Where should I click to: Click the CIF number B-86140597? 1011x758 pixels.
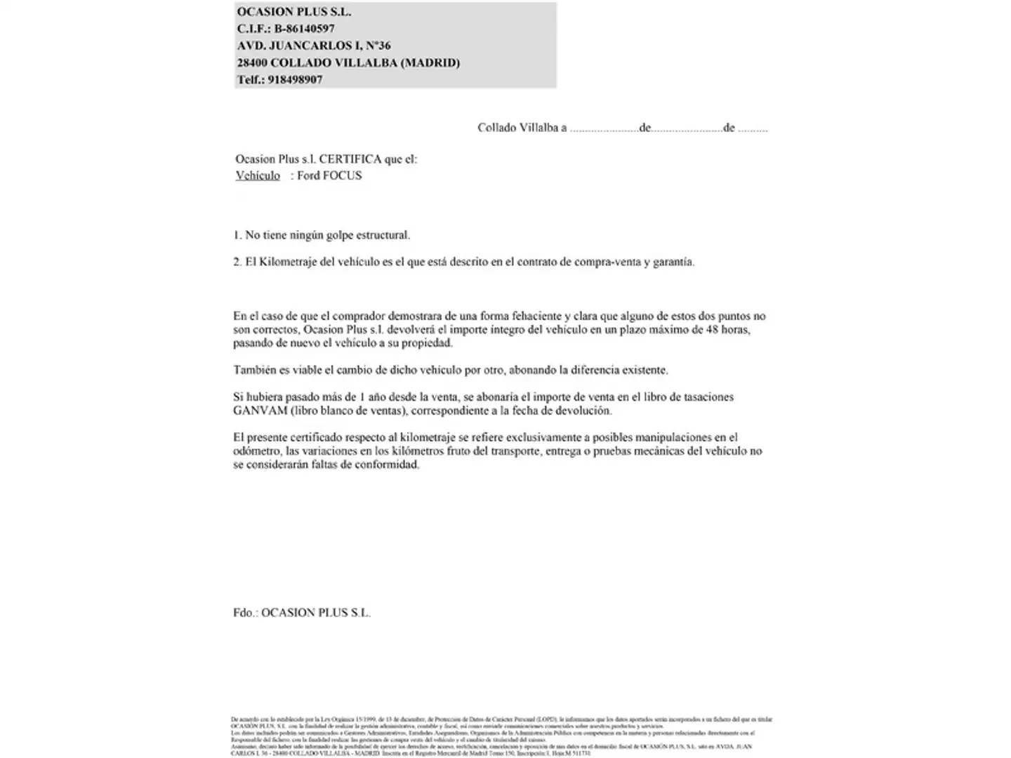(x=304, y=29)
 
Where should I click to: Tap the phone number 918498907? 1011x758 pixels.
(x=295, y=80)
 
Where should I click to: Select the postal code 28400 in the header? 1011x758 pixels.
(x=252, y=62)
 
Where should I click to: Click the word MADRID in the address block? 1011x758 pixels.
(x=430, y=62)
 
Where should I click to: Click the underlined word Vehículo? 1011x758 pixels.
(x=258, y=176)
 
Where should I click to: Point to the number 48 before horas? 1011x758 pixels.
(x=714, y=330)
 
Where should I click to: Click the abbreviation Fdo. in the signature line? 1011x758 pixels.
(x=245, y=613)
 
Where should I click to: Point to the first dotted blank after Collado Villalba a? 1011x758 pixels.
(x=603, y=128)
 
